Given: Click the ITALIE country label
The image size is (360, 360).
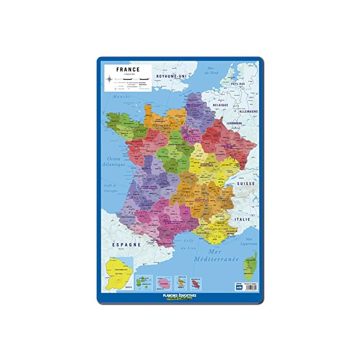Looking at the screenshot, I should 242,219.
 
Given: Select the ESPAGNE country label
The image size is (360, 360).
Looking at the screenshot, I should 128,245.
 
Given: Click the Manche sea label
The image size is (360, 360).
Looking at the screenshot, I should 121,96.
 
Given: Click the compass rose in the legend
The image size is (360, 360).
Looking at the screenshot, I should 112,79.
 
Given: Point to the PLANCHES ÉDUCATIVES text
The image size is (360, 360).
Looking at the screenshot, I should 179,296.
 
